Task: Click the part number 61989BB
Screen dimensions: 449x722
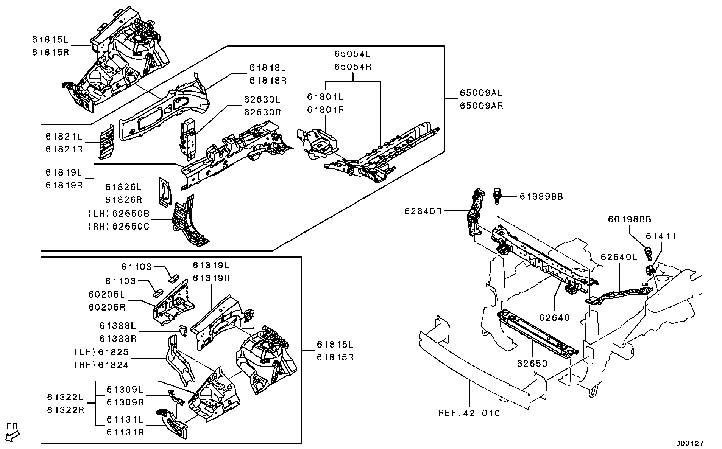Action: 541,197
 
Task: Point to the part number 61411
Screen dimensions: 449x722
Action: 661,236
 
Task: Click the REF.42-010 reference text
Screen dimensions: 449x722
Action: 469,413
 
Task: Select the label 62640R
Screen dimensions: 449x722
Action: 423,211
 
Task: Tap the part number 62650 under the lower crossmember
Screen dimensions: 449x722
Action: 532,364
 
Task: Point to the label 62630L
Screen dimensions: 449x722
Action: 262,99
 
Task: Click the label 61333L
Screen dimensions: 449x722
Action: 117,326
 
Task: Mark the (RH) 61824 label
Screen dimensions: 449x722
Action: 101,365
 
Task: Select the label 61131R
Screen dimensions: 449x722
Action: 125,432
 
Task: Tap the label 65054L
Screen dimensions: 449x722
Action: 352,54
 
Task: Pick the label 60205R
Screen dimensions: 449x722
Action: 107,307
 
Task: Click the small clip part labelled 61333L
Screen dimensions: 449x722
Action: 184,330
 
